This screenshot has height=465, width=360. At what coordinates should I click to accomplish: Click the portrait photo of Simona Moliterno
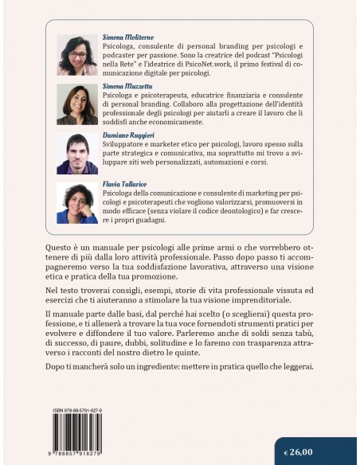click(x=77, y=54)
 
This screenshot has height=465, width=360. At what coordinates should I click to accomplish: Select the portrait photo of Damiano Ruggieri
click(x=77, y=153)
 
